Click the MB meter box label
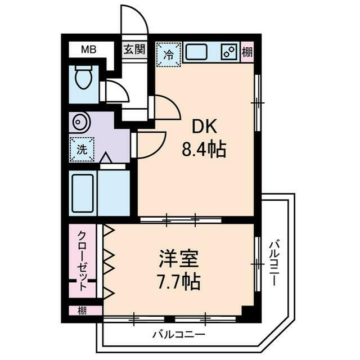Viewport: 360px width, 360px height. (x=88, y=49)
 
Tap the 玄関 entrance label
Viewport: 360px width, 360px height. (x=134, y=49)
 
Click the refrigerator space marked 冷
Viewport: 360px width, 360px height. (x=168, y=55)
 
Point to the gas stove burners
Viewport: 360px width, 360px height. (x=229, y=52)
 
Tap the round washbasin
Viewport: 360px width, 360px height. (x=79, y=123)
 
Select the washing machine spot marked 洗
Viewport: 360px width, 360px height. (x=82, y=150)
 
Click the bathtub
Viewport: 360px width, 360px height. (x=83, y=192)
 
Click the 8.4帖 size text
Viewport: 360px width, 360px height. (x=204, y=150)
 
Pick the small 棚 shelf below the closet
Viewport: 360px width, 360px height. (x=83, y=310)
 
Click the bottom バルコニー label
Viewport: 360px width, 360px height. (x=179, y=334)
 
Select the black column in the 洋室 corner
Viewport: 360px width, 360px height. (x=247, y=310)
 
